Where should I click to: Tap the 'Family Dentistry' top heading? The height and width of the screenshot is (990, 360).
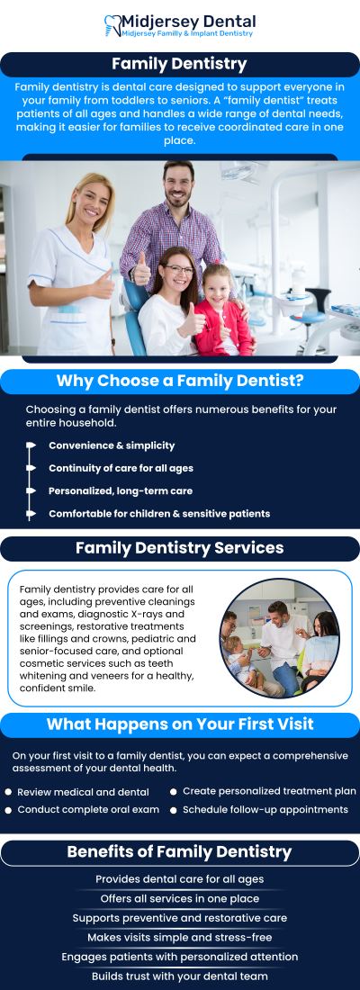(179, 64)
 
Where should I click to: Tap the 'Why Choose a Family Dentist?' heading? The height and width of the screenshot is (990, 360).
(180, 381)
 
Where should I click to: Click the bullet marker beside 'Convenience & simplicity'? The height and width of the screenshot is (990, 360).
(31, 445)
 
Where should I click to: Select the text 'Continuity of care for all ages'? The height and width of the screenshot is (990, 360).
(121, 468)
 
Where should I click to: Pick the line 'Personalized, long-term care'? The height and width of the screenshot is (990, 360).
(120, 491)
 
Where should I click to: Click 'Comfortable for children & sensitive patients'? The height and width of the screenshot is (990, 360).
(158, 514)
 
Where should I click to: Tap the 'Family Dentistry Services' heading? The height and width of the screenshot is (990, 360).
(179, 548)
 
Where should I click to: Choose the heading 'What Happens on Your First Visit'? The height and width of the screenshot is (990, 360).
(180, 724)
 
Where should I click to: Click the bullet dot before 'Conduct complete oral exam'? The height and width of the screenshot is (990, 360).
(9, 810)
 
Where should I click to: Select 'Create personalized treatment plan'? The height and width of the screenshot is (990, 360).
(269, 791)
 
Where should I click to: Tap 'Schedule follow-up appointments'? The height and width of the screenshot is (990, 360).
(265, 809)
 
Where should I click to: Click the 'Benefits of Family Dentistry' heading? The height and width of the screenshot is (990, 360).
(179, 851)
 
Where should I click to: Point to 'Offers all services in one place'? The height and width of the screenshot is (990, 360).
(180, 898)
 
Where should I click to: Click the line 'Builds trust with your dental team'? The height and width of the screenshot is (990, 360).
(180, 976)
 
